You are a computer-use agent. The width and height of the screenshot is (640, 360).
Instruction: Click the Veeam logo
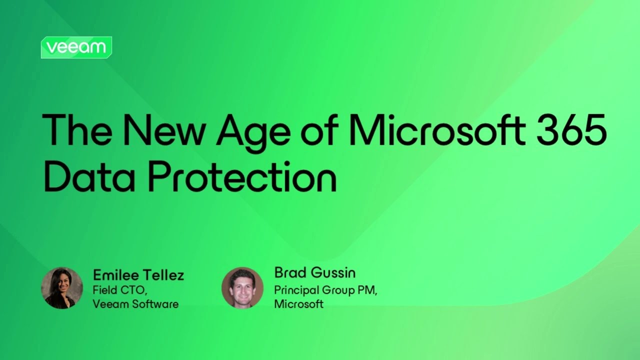pos(76,47)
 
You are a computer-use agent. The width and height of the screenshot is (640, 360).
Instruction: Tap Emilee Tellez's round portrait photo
pos(62,287)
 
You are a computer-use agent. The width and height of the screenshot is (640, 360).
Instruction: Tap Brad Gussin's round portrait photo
pos(242,287)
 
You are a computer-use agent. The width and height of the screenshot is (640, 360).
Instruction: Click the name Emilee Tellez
pos(138,274)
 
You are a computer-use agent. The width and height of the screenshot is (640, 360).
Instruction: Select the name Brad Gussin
pos(315,273)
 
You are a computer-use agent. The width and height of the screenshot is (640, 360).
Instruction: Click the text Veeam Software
pos(135,303)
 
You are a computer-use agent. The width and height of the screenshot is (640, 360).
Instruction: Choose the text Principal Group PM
pos(325,289)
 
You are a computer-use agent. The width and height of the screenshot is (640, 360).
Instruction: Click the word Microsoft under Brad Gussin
pos(299,304)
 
